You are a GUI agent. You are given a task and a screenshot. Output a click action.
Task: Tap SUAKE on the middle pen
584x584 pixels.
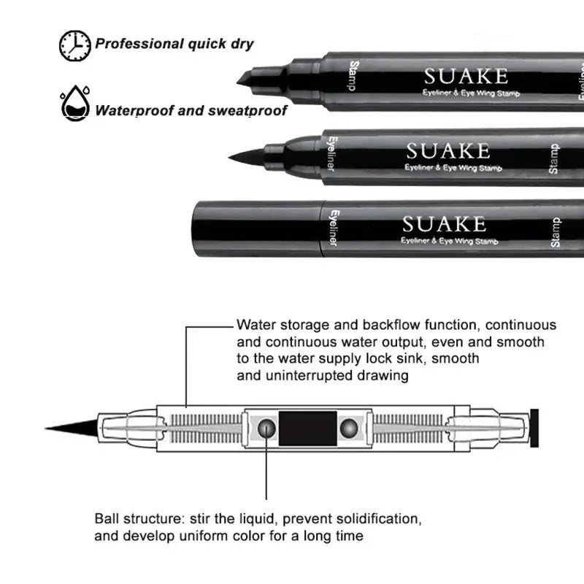[x=447, y=151]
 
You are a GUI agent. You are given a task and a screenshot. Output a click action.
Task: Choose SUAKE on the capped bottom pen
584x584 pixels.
[x=444, y=223]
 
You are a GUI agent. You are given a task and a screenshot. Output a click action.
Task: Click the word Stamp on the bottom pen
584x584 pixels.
[x=556, y=232]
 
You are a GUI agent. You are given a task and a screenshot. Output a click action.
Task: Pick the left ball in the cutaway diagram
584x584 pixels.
[x=267, y=428]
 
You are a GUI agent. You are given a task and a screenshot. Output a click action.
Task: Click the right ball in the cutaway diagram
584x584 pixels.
[x=350, y=428]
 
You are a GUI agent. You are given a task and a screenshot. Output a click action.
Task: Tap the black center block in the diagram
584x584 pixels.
[x=308, y=428]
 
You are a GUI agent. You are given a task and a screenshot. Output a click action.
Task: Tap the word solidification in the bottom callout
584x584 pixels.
[x=374, y=520]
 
